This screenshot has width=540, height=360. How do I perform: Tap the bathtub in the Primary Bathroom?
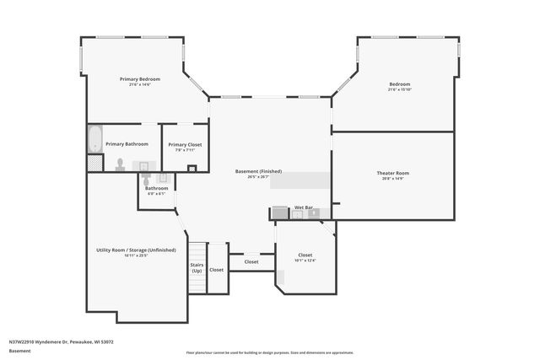pos(94,139)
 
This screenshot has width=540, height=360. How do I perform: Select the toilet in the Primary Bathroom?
pos(121,164)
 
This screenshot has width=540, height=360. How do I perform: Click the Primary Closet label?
pos(185,144)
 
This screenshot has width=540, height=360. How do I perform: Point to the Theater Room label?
pos(392,173)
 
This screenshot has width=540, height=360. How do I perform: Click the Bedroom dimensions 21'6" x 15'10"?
pos(399,89)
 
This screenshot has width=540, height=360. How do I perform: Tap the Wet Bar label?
pos(304,207)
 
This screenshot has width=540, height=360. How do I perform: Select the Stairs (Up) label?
pos(196,267)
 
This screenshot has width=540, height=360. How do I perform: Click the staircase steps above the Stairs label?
pos(196,251)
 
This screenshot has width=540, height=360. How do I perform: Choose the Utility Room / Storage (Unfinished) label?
pos(135,250)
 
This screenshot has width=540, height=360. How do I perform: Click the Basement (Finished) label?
pos(258,171)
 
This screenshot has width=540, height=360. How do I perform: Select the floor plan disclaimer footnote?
pos(270,352)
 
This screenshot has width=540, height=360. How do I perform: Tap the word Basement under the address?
pos(19,350)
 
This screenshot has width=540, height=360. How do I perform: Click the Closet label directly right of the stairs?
pos(217,270)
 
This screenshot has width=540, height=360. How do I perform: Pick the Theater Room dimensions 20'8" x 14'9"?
pos(392,179)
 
